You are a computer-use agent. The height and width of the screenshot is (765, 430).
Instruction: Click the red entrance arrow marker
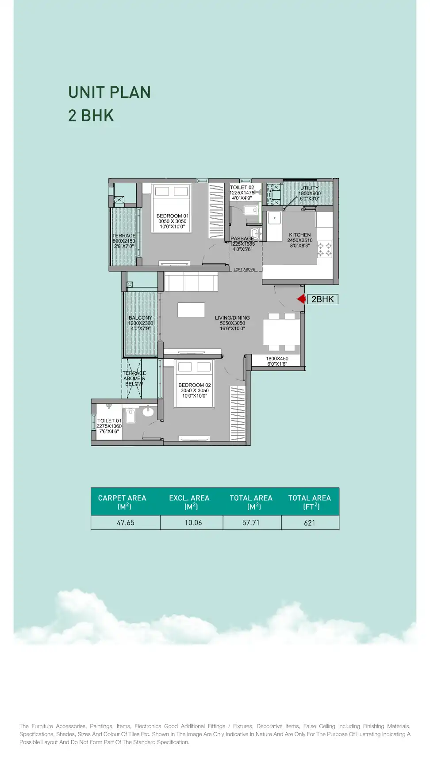point(302,299)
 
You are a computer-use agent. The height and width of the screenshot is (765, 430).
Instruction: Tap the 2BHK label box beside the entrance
point(322,299)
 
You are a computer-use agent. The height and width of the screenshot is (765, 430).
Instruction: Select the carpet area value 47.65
point(126,523)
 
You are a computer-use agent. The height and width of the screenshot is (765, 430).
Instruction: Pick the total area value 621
point(310,523)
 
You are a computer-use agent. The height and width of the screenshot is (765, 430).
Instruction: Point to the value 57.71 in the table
point(251,523)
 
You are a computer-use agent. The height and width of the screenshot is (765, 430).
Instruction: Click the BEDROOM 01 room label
point(173,216)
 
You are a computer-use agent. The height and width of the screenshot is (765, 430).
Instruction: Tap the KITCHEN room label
point(300,235)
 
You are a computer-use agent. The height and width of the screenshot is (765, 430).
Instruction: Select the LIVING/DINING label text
point(232,318)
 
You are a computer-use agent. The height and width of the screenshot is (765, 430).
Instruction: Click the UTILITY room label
point(310,188)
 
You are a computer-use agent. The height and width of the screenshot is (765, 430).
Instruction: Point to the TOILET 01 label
point(109,421)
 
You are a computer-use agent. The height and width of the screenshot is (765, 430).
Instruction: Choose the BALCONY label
point(140,318)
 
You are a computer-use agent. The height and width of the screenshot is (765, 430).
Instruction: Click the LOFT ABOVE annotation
point(244,270)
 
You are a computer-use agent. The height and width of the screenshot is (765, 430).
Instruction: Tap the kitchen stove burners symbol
point(324,250)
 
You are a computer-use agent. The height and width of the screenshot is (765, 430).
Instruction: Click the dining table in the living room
point(281,332)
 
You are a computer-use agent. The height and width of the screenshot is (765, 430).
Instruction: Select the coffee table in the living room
point(191,310)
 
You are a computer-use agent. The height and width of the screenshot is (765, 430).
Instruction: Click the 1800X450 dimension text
point(277,359)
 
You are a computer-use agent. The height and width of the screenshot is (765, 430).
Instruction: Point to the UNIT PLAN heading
point(110,93)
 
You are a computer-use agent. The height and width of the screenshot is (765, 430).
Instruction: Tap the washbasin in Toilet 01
point(148,412)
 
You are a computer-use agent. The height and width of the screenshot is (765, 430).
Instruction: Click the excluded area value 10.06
point(193,523)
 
